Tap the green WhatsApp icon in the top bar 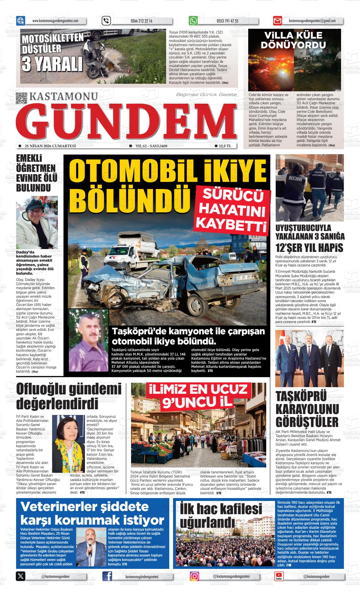[193, 21]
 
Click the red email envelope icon [277, 21]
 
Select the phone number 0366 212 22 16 [141, 21]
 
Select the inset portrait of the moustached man [88, 340]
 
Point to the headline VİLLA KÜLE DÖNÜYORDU [293, 40]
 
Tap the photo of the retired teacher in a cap [37, 222]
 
